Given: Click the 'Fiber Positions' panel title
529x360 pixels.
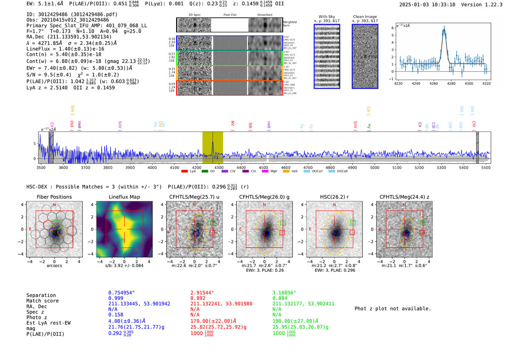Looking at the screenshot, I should (54, 197).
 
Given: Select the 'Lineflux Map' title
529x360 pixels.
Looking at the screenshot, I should (124, 197).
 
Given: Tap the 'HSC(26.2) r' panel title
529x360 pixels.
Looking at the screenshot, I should (334, 197).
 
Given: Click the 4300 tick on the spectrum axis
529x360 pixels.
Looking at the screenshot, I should (219, 167).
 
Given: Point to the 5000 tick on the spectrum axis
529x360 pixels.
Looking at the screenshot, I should (374, 167).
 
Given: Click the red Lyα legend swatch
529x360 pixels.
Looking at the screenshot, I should (184, 171).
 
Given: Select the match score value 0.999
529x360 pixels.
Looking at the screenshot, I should (116, 298).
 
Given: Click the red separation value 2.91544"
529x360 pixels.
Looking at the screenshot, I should (202, 293).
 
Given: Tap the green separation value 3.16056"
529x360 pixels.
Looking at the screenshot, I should (284, 293).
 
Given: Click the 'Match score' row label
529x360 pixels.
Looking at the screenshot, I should (42, 301).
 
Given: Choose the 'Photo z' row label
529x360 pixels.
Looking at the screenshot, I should (37, 317).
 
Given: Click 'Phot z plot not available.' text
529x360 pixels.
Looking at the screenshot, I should (393, 309).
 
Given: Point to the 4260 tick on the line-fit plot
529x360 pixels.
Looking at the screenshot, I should (433, 83).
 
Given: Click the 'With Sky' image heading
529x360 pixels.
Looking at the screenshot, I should (327, 17).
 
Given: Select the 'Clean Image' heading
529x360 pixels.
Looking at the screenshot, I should (365, 17).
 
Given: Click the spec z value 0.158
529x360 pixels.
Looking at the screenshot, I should (116, 315).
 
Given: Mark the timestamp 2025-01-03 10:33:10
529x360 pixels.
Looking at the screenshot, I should (427, 5).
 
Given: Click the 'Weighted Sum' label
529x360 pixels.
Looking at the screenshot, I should (289, 23).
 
